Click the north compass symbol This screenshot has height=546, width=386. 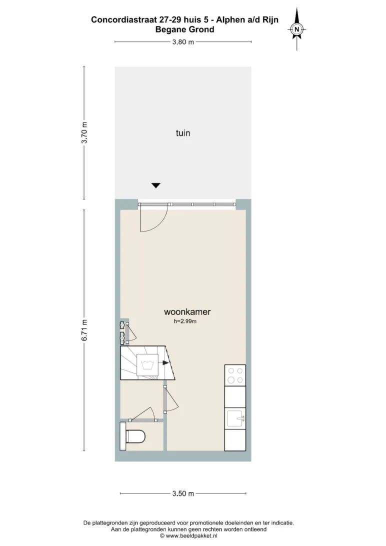pyautogui.click(x=296, y=29)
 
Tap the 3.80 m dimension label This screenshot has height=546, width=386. pyautogui.click(x=183, y=42)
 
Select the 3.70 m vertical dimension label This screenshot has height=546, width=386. pyautogui.click(x=84, y=132)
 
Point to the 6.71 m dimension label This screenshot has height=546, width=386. pyautogui.click(x=84, y=330)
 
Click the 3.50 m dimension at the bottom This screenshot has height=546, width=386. pyautogui.click(x=183, y=493)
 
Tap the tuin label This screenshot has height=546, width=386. pyautogui.click(x=183, y=132)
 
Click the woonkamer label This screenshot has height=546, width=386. pyautogui.click(x=187, y=311)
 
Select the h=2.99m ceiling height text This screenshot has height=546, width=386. pyautogui.click(x=185, y=321)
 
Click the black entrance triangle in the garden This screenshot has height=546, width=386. pyautogui.click(x=156, y=185)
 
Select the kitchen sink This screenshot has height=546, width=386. pyautogui.click(x=235, y=418)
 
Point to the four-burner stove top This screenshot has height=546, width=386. pyautogui.click(x=235, y=375)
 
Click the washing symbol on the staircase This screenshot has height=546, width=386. pyautogui.click(x=147, y=365)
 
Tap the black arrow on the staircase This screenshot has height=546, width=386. pyautogui.click(x=165, y=363)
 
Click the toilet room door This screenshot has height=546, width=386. pyautogui.click(x=142, y=415)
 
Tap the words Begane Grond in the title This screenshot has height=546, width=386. pyautogui.click(x=185, y=29)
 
